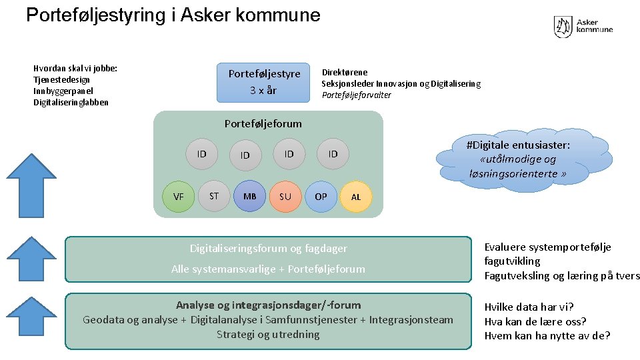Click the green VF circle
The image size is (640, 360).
179,197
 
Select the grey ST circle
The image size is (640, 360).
214,196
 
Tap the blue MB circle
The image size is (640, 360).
250,197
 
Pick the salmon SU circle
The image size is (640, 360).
285,197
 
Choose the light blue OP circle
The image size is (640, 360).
321,197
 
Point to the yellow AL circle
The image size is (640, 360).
356,197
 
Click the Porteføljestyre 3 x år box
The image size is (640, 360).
265,82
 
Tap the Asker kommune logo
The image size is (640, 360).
583,27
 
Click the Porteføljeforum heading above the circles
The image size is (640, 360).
263,123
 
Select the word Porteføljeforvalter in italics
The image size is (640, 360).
357,95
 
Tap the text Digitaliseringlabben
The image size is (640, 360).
71,103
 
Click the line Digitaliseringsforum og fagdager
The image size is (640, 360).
268,249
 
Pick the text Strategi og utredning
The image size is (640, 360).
268,334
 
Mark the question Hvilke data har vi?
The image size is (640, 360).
529,307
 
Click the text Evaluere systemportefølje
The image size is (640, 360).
547,247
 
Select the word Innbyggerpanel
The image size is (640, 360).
63,91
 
